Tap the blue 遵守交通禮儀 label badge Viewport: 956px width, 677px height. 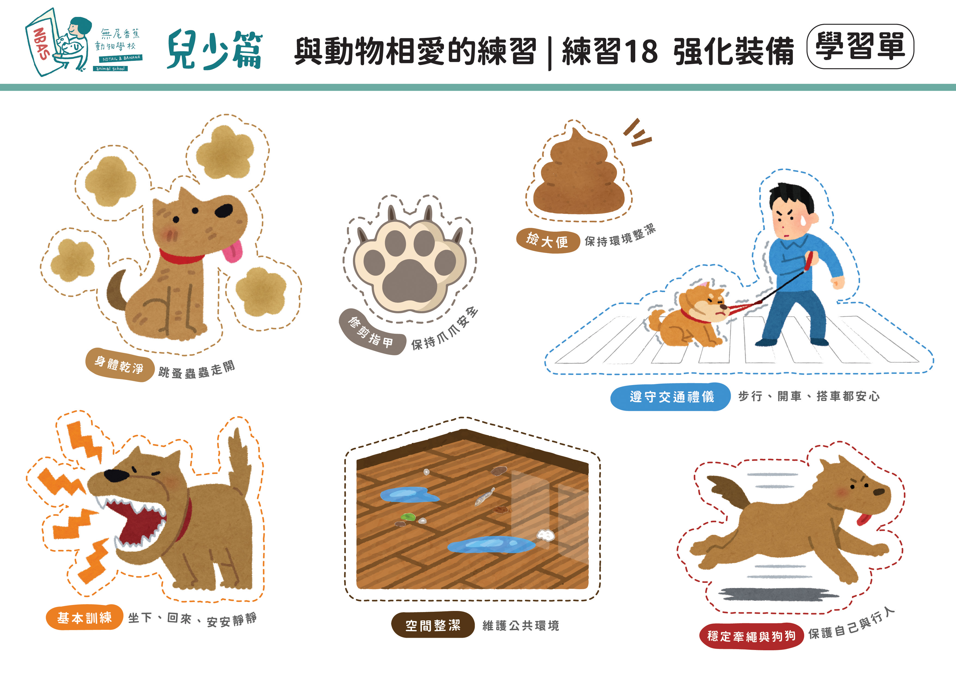click(671, 396)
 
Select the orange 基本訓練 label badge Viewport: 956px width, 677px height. click(84, 618)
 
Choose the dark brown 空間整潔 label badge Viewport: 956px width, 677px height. click(432, 625)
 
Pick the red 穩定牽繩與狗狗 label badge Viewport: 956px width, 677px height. click(751, 636)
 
